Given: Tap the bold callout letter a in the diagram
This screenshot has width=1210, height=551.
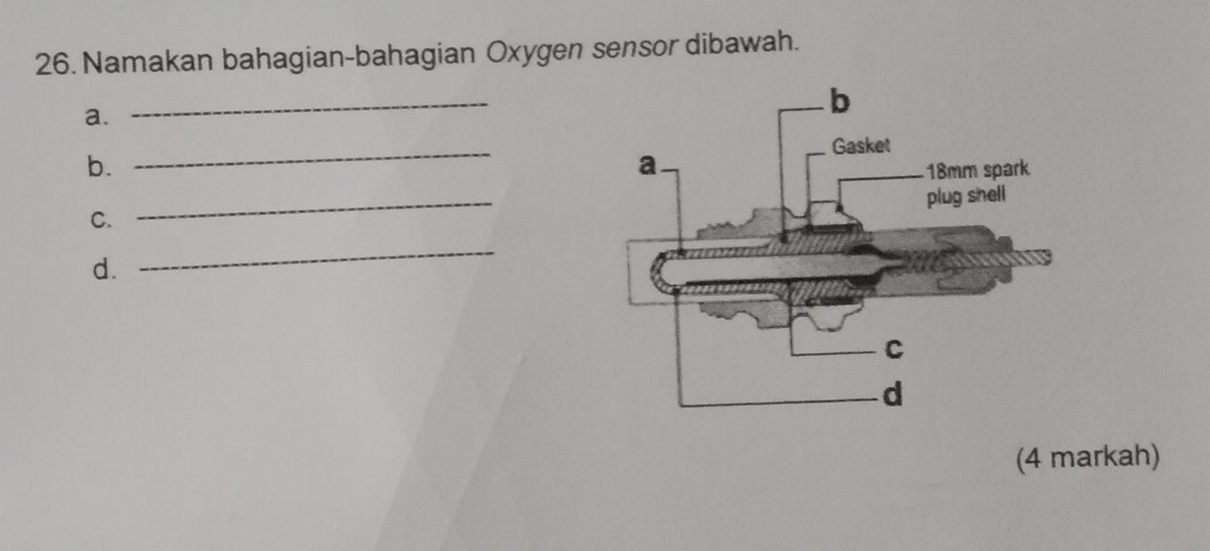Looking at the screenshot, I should (647, 166).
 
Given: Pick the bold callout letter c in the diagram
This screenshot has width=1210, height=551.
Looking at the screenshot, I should (893, 349).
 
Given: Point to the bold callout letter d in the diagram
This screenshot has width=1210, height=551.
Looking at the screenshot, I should (892, 393).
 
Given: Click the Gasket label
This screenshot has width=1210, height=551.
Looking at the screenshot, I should (861, 147).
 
